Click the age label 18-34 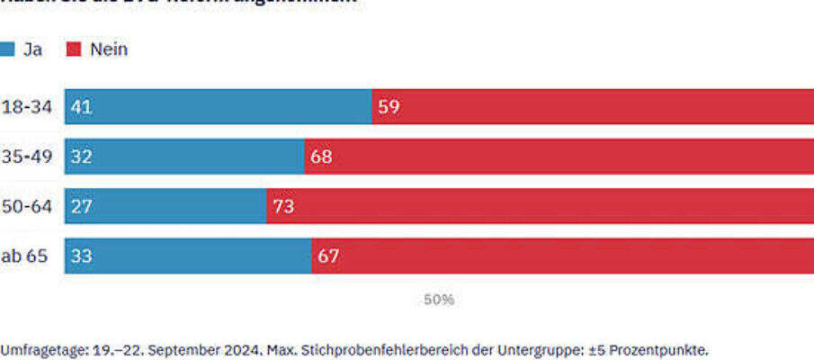[x=26, y=107]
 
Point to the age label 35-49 [x=26, y=157]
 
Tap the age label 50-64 [x=26, y=206]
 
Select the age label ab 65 [x=24, y=256]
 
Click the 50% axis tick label [x=439, y=300]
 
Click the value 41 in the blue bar [x=81, y=107]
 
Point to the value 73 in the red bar [x=283, y=206]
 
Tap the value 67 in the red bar [x=328, y=256]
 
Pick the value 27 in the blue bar [x=81, y=206]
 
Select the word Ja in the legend [x=32, y=49]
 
